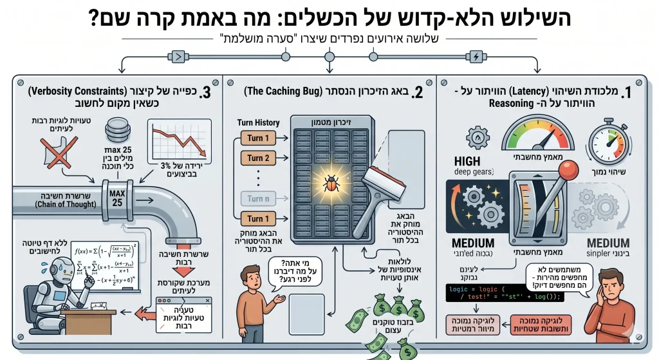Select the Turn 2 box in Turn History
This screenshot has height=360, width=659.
[258, 158]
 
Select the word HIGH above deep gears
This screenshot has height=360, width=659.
[467, 161]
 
